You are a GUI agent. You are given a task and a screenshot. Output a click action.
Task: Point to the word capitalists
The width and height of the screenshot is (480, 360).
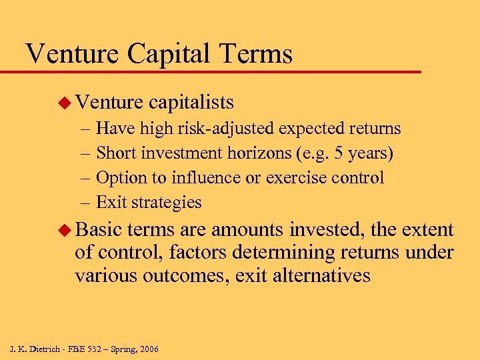(191, 102)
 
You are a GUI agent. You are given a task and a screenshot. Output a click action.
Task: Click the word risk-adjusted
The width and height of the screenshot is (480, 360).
(219, 129)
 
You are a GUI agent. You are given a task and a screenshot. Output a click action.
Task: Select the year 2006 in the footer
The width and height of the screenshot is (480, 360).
(147, 349)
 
